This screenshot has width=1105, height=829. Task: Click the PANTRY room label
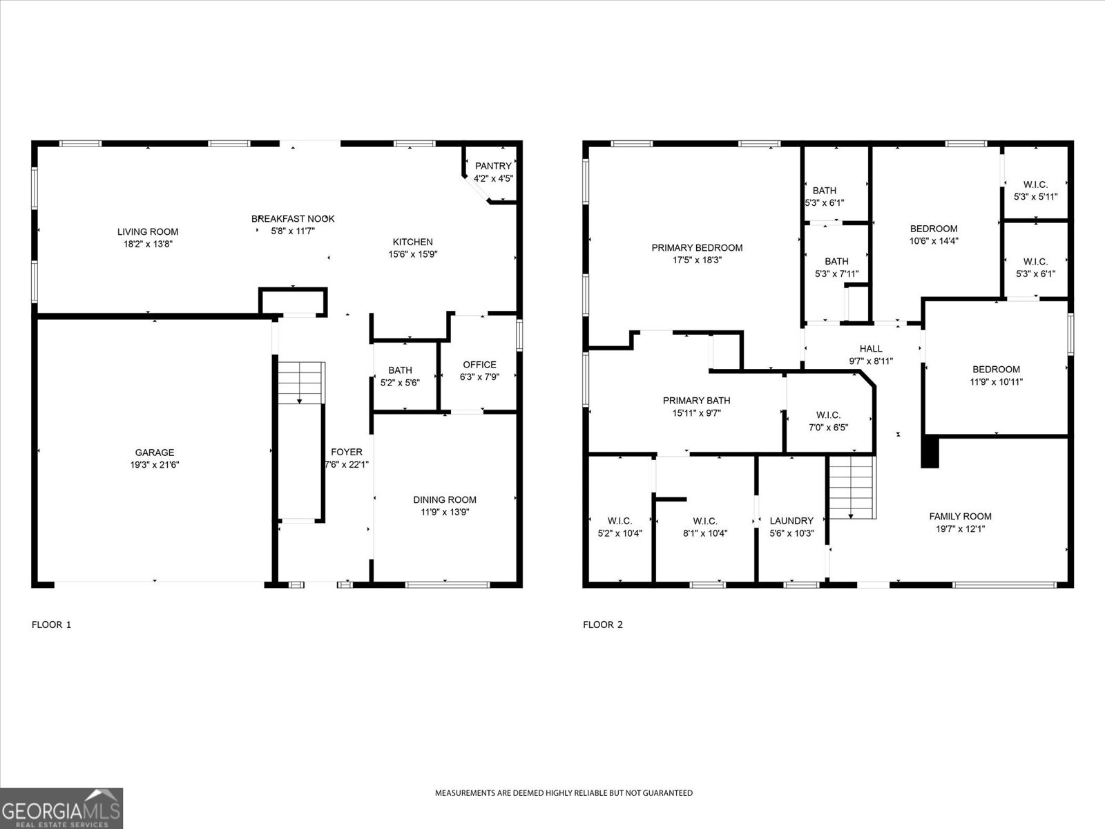[493, 166]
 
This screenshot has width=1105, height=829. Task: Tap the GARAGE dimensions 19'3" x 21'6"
[155, 465]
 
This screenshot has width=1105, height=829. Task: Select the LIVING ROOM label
[148, 232]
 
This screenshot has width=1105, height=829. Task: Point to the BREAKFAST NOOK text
[293, 219]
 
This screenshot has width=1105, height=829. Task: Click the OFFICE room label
[479, 365]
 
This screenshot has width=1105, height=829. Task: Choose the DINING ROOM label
[445, 499]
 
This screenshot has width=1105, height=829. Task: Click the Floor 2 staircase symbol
[852, 488]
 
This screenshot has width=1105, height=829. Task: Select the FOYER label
[347, 452]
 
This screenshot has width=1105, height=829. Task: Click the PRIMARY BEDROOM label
[697, 248]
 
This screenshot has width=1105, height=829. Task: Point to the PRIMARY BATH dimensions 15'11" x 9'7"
[696, 413]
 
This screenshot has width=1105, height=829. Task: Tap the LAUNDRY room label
[791, 521]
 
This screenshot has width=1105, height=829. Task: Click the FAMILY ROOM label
[960, 516]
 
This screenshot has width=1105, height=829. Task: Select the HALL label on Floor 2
[871, 349]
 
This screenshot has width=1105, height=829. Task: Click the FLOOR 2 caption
[603, 625]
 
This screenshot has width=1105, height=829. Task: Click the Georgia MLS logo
[61, 808]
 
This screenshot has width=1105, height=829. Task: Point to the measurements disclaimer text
[564, 793]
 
